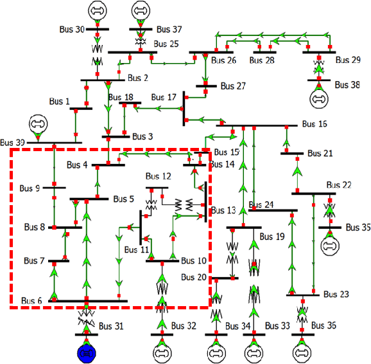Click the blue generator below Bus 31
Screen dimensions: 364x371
(86, 352)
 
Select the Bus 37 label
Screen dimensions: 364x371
(168, 29)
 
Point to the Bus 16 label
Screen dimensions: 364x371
(314, 123)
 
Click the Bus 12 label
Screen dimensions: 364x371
(158, 176)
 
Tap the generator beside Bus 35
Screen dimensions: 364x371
(330, 244)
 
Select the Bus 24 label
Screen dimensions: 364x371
(261, 205)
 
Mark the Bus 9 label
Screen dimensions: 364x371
(30, 188)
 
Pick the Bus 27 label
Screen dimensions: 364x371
(233, 86)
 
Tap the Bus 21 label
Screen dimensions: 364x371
(320, 153)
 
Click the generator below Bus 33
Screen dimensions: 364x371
(254, 352)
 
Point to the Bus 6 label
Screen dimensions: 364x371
(31, 300)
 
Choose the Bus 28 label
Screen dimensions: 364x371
(261, 60)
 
